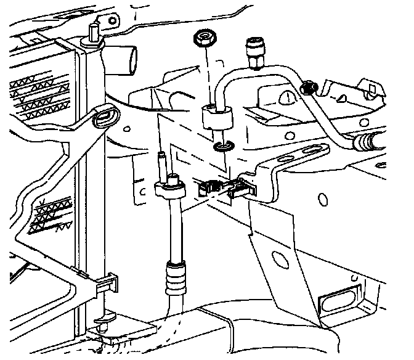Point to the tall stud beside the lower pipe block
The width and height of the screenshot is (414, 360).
click(161, 162)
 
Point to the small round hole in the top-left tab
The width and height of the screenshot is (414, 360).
click(112, 20)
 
